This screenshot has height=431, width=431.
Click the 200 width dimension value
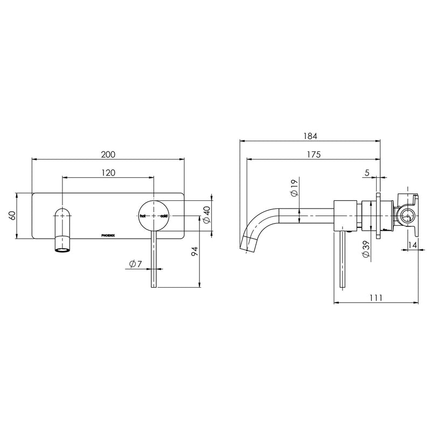(108, 154)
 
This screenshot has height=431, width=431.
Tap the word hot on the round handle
(143, 215)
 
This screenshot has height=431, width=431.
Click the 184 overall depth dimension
(310, 136)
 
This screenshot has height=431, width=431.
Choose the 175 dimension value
(314, 155)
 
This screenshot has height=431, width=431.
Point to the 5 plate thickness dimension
(366, 173)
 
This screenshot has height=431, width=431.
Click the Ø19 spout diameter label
(294, 189)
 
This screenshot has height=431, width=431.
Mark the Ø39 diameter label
(366, 251)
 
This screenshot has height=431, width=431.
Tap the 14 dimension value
(412, 245)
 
